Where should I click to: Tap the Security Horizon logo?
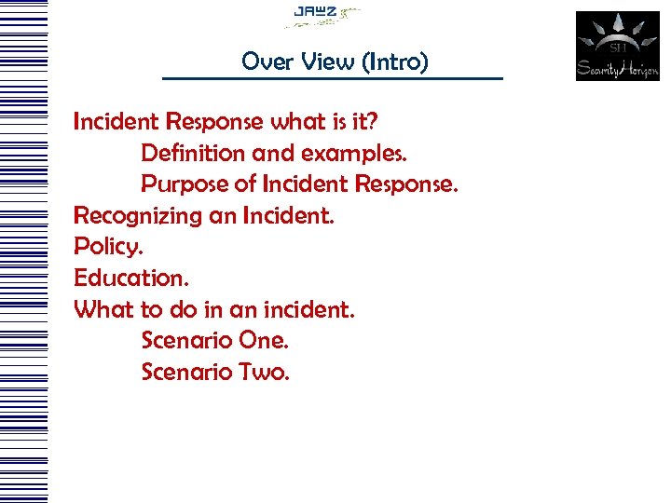pos(617,46)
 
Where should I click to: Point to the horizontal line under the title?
pos(332,78)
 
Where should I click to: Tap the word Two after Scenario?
pos(265,372)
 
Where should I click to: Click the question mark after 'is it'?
pos(371,121)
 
